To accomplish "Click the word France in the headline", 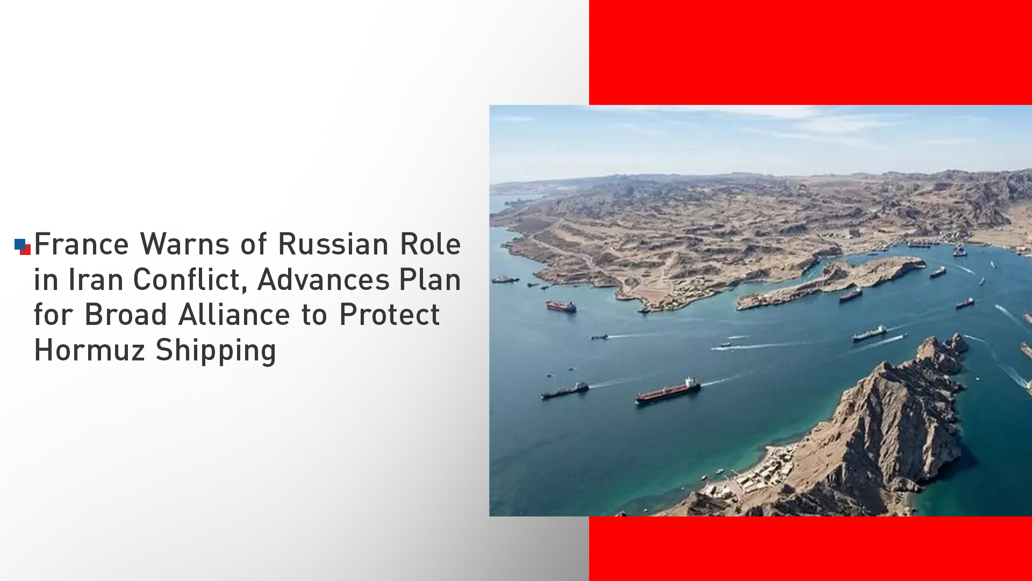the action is click(x=81, y=244).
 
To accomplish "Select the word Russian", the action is click(x=333, y=244).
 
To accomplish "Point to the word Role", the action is click(x=431, y=244).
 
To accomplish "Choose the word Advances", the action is click(x=324, y=280).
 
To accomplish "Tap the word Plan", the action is click(x=430, y=280).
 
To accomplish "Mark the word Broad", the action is click(x=126, y=315).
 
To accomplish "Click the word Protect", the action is click(x=390, y=315).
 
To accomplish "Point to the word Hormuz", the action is click(x=90, y=350).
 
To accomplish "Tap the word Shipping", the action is click(x=216, y=351).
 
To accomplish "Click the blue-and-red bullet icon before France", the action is click(x=23, y=247).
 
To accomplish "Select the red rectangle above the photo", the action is click(x=811, y=52).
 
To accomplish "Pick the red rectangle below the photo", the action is click(x=811, y=549).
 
